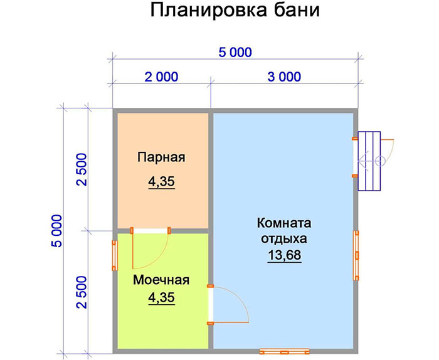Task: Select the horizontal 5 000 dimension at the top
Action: [x=235, y=52]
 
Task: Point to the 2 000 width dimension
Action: [x=161, y=77]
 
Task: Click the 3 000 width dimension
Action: [x=284, y=77]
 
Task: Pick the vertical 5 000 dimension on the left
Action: [x=57, y=231]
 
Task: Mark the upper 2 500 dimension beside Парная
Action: [x=82, y=169]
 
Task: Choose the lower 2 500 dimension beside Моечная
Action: [x=82, y=292]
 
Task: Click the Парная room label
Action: [x=161, y=157]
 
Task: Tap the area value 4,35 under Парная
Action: [x=162, y=182]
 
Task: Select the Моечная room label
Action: [x=161, y=280]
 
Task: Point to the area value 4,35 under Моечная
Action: [x=162, y=298]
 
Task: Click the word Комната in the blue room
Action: [x=284, y=223]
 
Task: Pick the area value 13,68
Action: [x=285, y=255]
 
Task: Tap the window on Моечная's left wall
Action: [x=115, y=255]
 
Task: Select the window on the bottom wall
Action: [x=285, y=352]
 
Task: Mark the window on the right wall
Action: [x=356, y=255]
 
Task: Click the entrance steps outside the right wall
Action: [x=369, y=161]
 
